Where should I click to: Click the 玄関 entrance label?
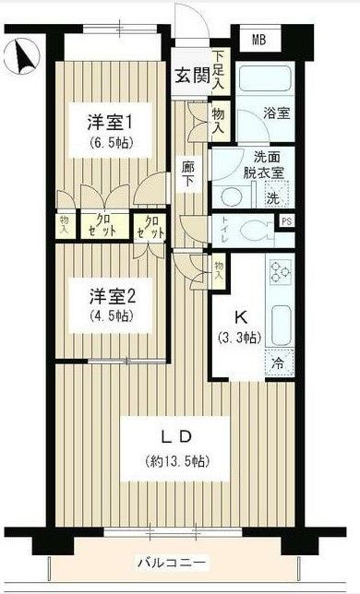[191, 77]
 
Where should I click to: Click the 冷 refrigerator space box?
[276, 363]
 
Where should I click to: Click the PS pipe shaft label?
[287, 220]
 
